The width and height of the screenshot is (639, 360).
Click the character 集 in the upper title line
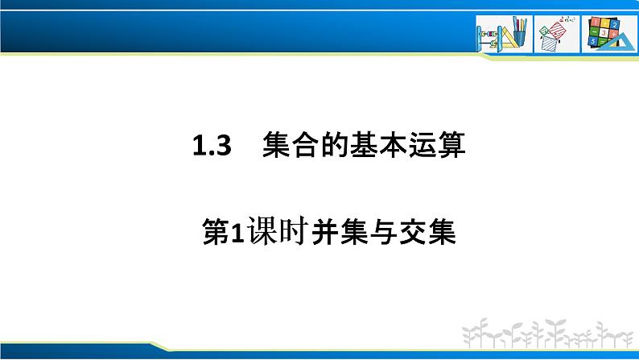(x=277, y=147)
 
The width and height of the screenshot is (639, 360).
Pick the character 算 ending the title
(x=450, y=147)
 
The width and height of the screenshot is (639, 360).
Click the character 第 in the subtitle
(x=215, y=234)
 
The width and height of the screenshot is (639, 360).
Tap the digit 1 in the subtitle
(x=236, y=234)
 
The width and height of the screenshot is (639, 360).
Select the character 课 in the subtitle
(x=258, y=234)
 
